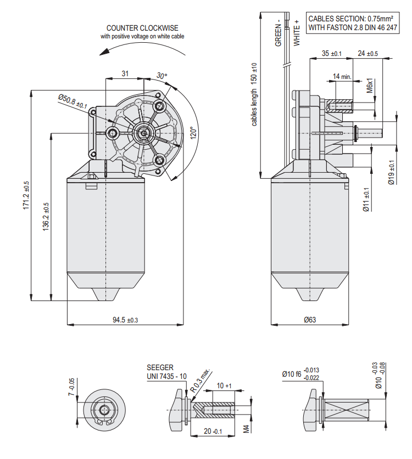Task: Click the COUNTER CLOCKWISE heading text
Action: [142, 28]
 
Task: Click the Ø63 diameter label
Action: [309, 320]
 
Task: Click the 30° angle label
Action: [162, 76]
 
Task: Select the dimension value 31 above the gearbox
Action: [125, 73]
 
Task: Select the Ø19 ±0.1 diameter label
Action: [391, 173]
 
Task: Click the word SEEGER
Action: [160, 367]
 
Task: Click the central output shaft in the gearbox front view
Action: [144, 132]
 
